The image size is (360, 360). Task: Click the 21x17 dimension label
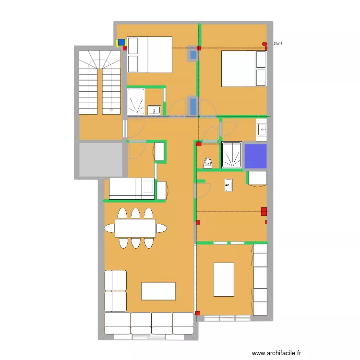point(278,44)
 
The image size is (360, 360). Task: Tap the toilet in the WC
point(208,163)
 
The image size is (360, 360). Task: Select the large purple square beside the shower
point(255,156)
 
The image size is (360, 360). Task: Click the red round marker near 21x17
point(264,44)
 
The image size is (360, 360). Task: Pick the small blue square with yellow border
point(121,42)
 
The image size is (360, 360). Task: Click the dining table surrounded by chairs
point(135,228)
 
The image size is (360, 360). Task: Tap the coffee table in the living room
point(158,291)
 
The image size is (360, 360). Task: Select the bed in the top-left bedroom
point(149,55)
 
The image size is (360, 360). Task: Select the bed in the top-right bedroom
point(243,69)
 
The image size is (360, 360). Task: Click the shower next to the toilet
point(232,156)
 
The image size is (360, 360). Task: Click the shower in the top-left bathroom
point(136,102)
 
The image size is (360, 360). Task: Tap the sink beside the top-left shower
point(155,110)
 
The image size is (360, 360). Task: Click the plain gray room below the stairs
point(100,159)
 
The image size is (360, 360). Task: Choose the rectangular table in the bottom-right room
point(224,279)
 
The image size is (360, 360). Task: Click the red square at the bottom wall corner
point(198,313)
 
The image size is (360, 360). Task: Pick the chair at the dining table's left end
point(109,228)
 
